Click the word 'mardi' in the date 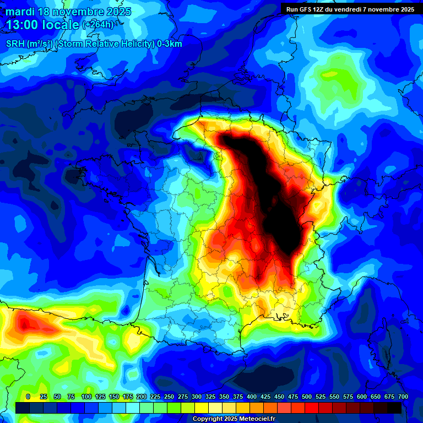coord(20,12)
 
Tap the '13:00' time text coord(23,25)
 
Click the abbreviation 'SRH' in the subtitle coord(15,44)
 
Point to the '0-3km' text coord(170,44)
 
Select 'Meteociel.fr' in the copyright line coord(249,419)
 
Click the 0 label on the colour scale coord(28,397)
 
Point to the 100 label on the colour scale coord(86,397)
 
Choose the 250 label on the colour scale coord(169,397)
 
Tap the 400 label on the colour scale coord(252,397)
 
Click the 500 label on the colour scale coord(307,397)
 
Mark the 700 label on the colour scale coord(403,397)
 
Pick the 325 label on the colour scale coord(210,397)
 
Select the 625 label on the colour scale coord(376,397)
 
